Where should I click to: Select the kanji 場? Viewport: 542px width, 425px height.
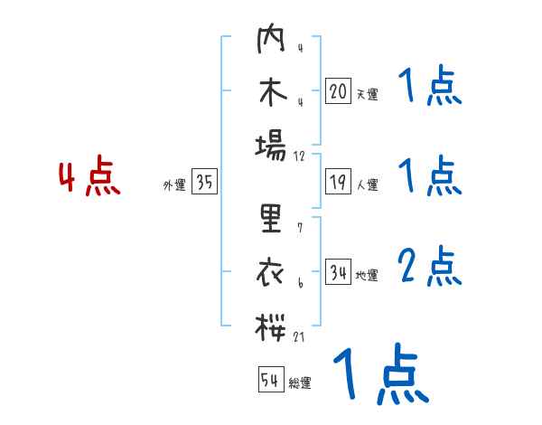pyautogui.click(x=271, y=145)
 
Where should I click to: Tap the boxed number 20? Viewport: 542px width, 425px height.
pyautogui.click(x=338, y=91)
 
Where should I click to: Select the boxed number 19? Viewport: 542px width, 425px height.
pyautogui.click(x=338, y=183)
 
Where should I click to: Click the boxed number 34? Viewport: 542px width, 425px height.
pyautogui.click(x=338, y=273)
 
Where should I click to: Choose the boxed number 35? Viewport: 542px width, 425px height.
pyautogui.click(x=204, y=183)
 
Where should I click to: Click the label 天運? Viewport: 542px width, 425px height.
pyautogui.click(x=367, y=94)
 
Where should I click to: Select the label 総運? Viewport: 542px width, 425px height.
pyautogui.click(x=300, y=382)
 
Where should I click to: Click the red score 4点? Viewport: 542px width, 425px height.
pyautogui.click(x=89, y=178)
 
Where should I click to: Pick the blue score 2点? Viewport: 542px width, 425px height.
pyautogui.click(x=430, y=267)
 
